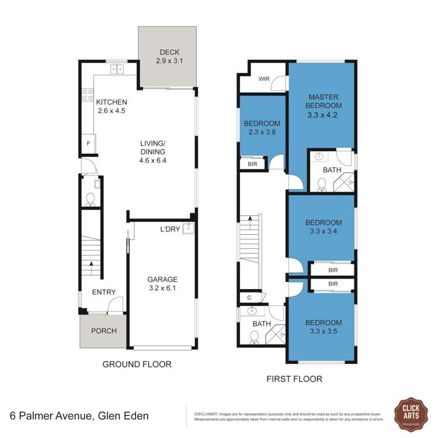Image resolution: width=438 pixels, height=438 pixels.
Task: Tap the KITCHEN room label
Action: (x=112, y=102)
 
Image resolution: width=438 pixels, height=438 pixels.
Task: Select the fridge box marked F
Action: (x=88, y=143)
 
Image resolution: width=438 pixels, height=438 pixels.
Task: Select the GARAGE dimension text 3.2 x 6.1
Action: (x=163, y=288)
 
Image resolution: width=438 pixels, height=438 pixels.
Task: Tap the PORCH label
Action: (x=104, y=331)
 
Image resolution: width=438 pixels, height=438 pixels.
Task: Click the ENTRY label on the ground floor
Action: (x=104, y=293)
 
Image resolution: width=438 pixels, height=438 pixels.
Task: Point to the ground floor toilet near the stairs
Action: (x=90, y=200)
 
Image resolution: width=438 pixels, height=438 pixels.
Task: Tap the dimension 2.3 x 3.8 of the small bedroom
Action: (x=262, y=133)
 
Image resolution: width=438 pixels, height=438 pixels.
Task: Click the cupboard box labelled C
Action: (x=249, y=298)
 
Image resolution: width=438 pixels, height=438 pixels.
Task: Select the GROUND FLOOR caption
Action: (x=137, y=364)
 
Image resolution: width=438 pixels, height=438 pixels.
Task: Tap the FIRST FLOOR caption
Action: (x=294, y=379)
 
